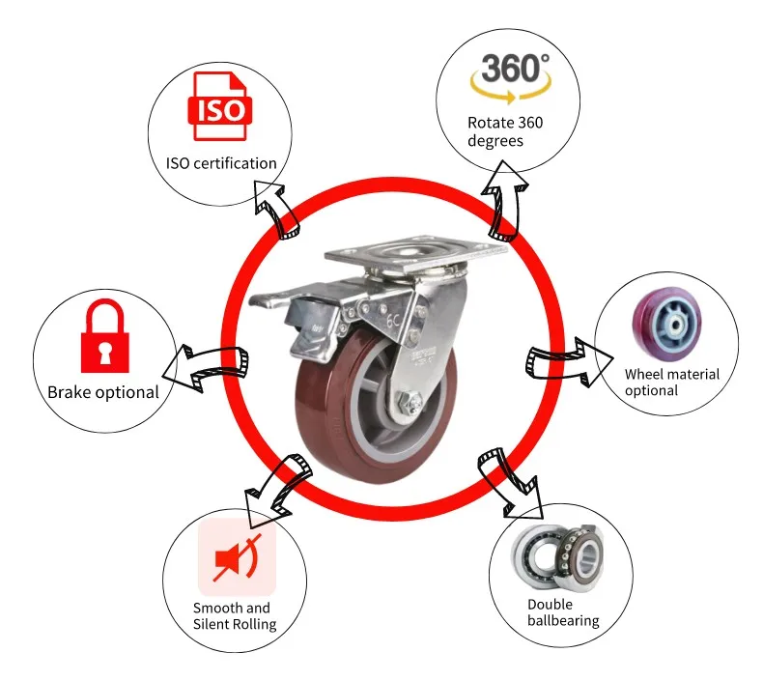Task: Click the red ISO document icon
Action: pyautogui.click(x=221, y=105)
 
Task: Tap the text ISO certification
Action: pyautogui.click(x=221, y=163)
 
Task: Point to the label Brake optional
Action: pyautogui.click(x=103, y=392)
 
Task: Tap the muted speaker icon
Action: pyautogui.click(x=237, y=559)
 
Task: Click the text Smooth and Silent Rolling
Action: pyautogui.click(x=235, y=615)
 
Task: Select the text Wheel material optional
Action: pyautogui.click(x=671, y=382)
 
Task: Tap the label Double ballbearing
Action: pyautogui.click(x=563, y=612)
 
